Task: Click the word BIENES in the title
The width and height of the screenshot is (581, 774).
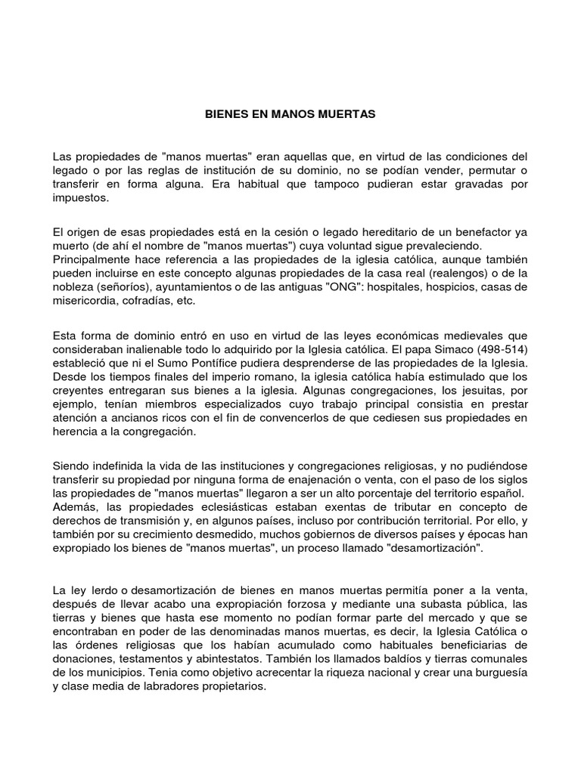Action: tap(225, 115)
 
